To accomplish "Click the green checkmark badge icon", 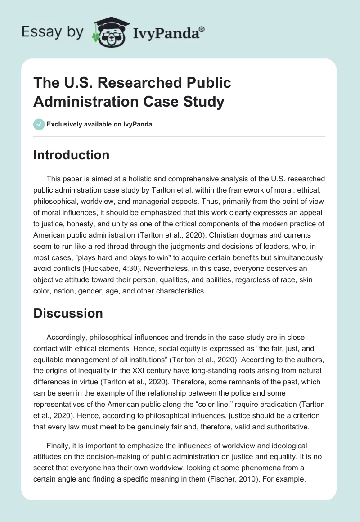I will tap(39, 124).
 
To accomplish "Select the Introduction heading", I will tap(72, 155).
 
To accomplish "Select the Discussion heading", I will tap(68, 313).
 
